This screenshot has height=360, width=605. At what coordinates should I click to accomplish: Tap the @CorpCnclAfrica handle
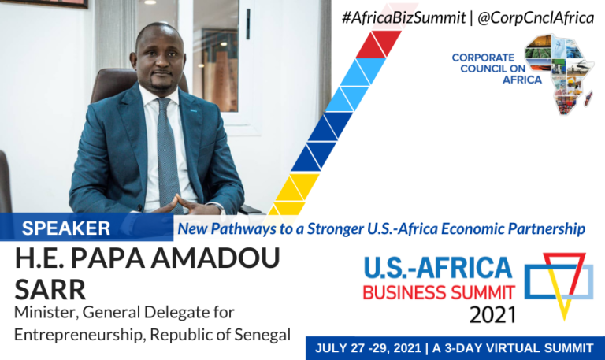coord(536,17)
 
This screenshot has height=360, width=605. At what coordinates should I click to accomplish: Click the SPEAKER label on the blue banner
coord(66,228)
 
